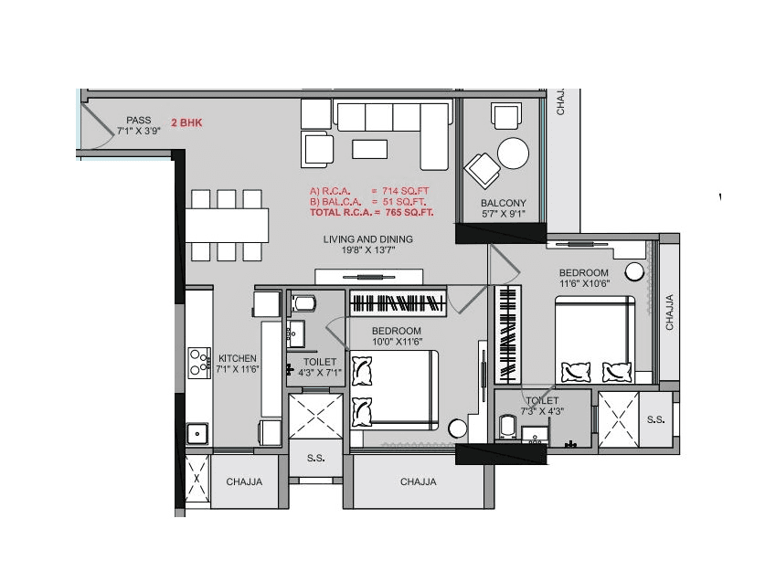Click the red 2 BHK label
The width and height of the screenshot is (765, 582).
(187, 121)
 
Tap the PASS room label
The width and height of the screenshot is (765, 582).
(139, 120)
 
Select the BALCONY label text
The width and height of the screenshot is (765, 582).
(503, 203)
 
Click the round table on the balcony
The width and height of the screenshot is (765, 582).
(513, 153)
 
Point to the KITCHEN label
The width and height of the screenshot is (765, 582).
(237, 357)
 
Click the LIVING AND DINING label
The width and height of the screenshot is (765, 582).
(367, 239)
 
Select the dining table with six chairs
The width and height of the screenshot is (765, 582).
(228, 225)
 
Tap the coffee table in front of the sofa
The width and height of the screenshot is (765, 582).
(369, 149)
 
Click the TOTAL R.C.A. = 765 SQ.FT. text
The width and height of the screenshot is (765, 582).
(371, 212)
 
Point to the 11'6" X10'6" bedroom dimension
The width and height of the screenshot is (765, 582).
(583, 283)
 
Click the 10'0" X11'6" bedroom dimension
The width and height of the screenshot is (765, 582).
(396, 341)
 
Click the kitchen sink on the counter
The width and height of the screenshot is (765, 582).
(196, 433)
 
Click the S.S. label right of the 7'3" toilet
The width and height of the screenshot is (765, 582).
(655, 419)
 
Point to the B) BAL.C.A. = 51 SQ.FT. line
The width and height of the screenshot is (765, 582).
(370, 201)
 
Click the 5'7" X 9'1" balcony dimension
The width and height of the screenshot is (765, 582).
(503, 214)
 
